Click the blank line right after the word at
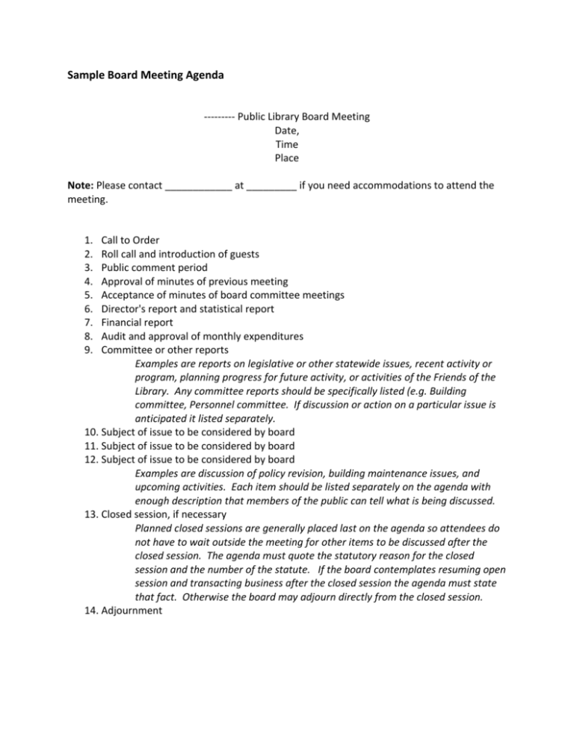271,187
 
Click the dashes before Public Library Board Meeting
219,117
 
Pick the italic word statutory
319,555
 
